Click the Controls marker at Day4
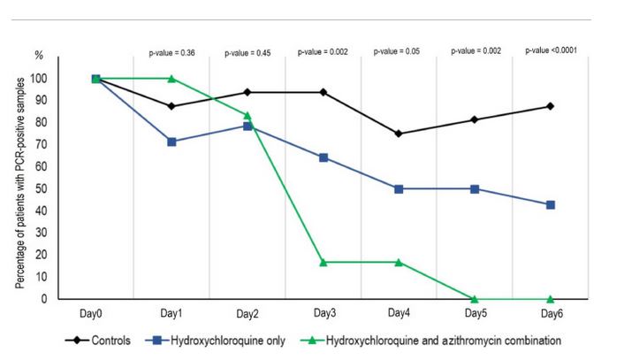click(399, 134)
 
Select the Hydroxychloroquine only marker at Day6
click(550, 204)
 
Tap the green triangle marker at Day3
click(323, 262)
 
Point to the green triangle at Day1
click(171, 79)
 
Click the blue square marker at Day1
click(171, 142)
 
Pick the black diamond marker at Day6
click(550, 106)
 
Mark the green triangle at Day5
click(475, 299)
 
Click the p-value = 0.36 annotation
click(171, 53)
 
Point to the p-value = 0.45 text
click(247, 53)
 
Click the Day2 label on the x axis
click(247, 312)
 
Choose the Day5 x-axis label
click(475, 312)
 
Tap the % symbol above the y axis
click(38, 56)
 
